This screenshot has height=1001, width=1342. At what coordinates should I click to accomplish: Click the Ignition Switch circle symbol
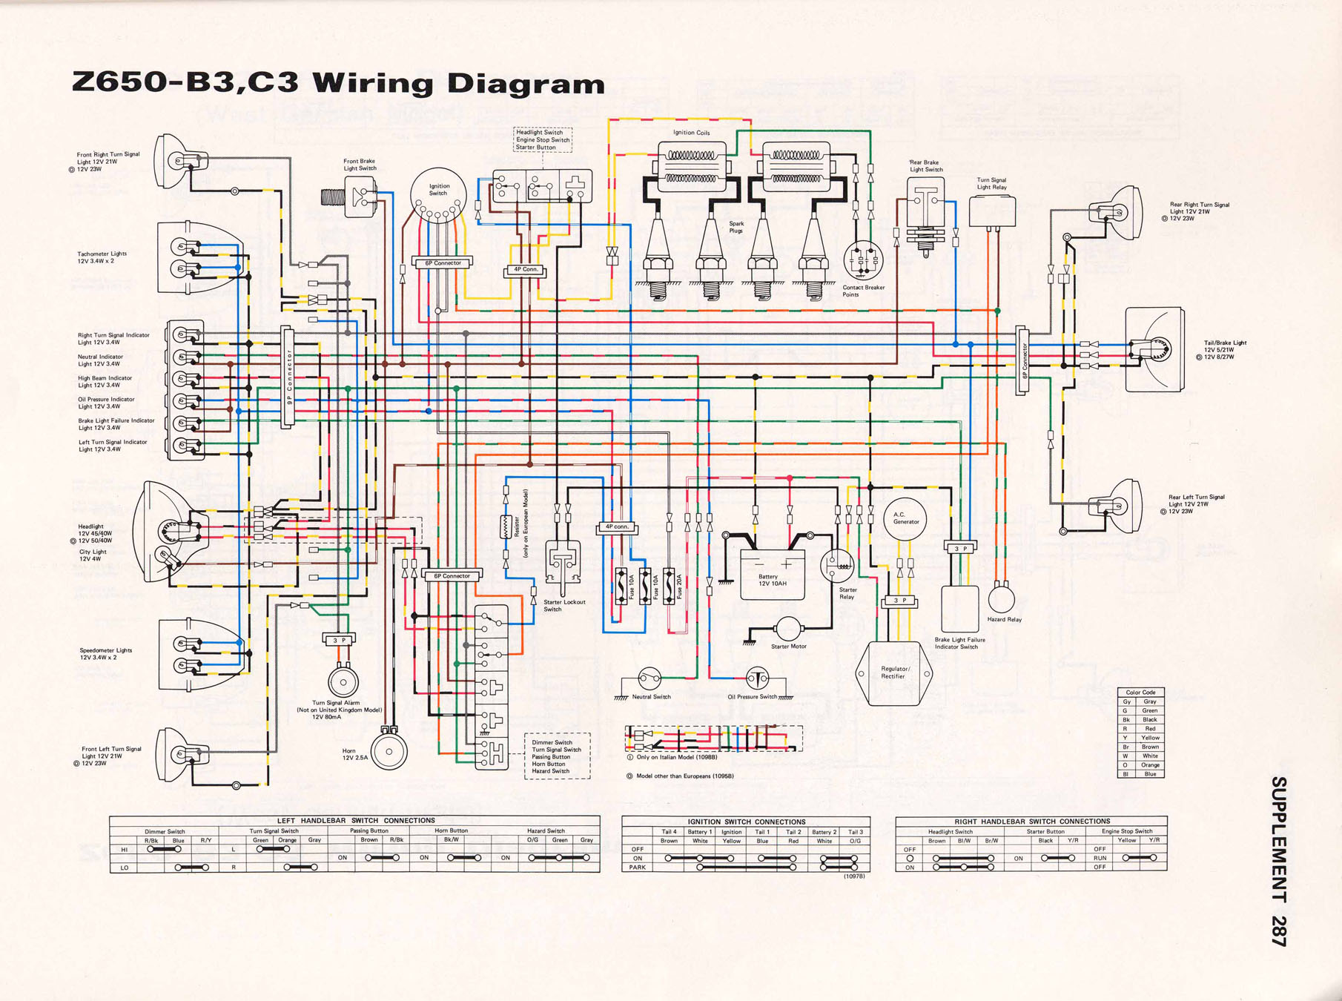tap(438, 194)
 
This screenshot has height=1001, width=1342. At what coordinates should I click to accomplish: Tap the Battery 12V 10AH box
tap(772, 575)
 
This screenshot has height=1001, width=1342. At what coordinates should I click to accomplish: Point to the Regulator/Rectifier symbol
tap(894, 673)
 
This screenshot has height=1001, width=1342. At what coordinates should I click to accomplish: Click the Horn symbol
tap(389, 751)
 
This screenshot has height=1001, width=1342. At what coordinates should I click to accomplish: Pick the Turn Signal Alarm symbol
tap(343, 681)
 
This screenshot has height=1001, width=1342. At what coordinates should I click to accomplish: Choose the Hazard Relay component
tap(1001, 598)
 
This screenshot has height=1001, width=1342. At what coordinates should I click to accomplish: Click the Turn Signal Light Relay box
tap(991, 211)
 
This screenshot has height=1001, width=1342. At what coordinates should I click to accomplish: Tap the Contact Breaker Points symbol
tap(863, 260)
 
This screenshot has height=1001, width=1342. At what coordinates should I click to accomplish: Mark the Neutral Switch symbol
tap(650, 678)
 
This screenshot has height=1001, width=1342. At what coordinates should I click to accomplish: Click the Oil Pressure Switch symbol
tap(757, 678)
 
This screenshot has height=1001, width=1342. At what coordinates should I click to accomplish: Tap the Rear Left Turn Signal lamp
tap(1117, 506)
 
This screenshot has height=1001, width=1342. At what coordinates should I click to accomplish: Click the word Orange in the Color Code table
tap(1149, 765)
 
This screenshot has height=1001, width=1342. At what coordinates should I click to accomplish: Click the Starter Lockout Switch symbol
tap(562, 564)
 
